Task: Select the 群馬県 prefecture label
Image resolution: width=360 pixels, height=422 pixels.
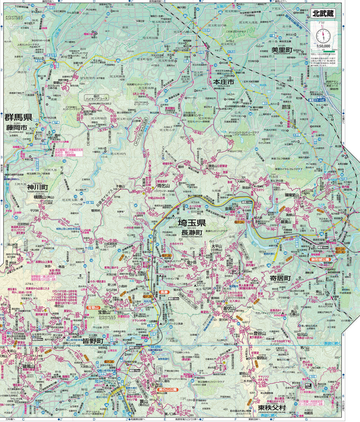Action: click(18, 117)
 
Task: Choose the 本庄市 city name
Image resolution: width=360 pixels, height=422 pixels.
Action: click(223, 82)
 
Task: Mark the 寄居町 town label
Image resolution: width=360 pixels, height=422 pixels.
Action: click(283, 278)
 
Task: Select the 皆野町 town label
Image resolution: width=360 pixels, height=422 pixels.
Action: click(93, 341)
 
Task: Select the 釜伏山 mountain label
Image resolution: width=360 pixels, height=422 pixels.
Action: click(229, 308)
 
